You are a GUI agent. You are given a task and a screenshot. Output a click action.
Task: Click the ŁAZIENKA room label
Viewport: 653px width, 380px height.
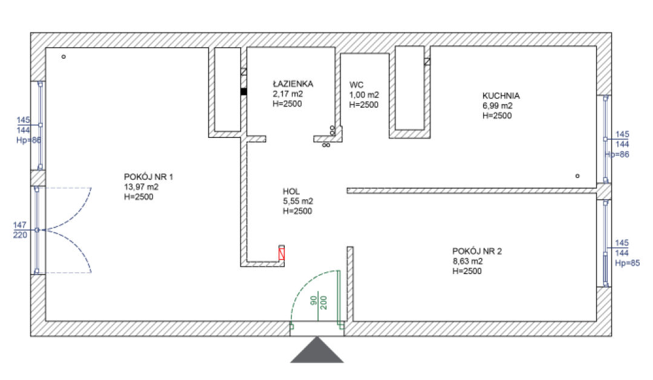(x=293, y=84)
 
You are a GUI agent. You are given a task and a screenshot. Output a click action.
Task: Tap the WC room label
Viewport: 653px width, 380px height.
(x=356, y=85)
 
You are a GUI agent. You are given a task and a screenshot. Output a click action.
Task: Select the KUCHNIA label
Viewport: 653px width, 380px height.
(x=501, y=96)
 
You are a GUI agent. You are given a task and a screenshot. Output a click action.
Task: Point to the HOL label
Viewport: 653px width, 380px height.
(x=291, y=191)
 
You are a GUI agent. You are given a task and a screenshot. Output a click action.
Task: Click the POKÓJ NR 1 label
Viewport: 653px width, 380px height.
(x=148, y=177)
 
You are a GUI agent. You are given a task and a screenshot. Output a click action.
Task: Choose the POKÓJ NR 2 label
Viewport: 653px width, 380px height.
(x=477, y=251)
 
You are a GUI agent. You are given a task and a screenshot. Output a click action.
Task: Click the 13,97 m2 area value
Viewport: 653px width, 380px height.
(x=143, y=187)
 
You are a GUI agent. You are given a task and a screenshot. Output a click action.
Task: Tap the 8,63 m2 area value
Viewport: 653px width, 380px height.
(x=467, y=261)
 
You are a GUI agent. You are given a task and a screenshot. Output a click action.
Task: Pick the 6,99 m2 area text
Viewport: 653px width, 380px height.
(x=498, y=106)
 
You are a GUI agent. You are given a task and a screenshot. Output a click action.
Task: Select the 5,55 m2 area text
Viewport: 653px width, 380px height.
(x=297, y=201)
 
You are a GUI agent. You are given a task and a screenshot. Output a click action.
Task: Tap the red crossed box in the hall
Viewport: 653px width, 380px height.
(x=282, y=253)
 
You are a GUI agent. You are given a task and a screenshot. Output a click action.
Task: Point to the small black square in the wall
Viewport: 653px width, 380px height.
(x=244, y=92)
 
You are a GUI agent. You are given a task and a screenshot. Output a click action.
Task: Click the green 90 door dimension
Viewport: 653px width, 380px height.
(x=314, y=301)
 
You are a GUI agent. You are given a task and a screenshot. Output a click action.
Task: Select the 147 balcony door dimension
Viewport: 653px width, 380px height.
(x=20, y=225)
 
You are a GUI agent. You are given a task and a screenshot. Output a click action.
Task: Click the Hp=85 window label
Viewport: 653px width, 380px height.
(x=626, y=263)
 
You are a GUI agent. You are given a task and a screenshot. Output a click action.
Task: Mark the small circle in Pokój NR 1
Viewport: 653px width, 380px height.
(x=63, y=57)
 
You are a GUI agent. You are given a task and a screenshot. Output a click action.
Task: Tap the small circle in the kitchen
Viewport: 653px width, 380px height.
(x=577, y=176)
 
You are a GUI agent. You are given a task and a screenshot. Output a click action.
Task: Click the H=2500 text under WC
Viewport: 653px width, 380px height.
(x=363, y=105)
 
